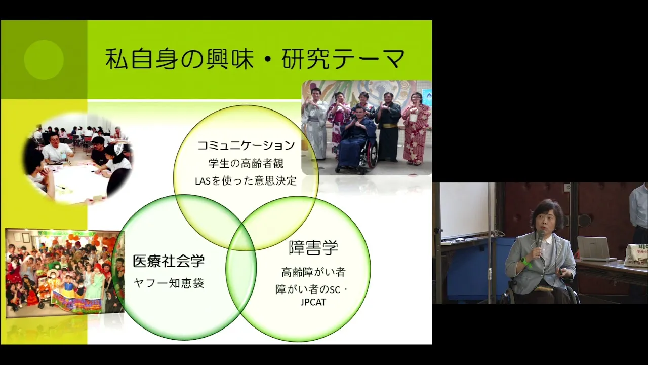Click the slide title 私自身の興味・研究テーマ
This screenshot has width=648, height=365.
(255, 59)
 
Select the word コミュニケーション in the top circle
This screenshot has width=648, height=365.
(246, 145)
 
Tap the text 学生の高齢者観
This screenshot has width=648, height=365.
(246, 163)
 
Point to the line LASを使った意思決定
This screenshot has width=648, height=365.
(246, 181)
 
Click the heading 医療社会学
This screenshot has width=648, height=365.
(169, 261)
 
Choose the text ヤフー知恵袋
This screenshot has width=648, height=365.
(169, 283)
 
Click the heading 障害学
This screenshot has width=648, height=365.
(313, 248)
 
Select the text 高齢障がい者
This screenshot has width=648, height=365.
(313, 272)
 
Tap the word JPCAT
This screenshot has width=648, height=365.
(313, 302)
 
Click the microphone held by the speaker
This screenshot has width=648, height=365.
(540, 240)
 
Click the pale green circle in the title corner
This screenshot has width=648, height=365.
(44, 59)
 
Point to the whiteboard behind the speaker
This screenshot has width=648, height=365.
(466, 210)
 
